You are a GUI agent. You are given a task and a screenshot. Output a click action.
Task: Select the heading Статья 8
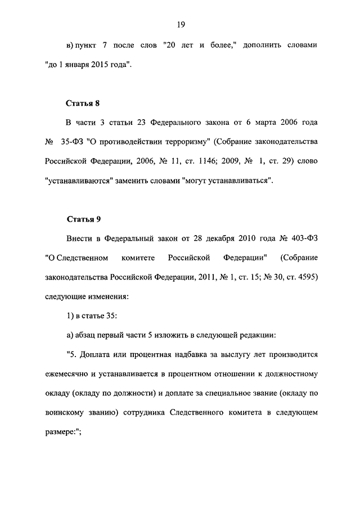83,103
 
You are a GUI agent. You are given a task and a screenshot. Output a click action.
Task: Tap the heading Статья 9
83,219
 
